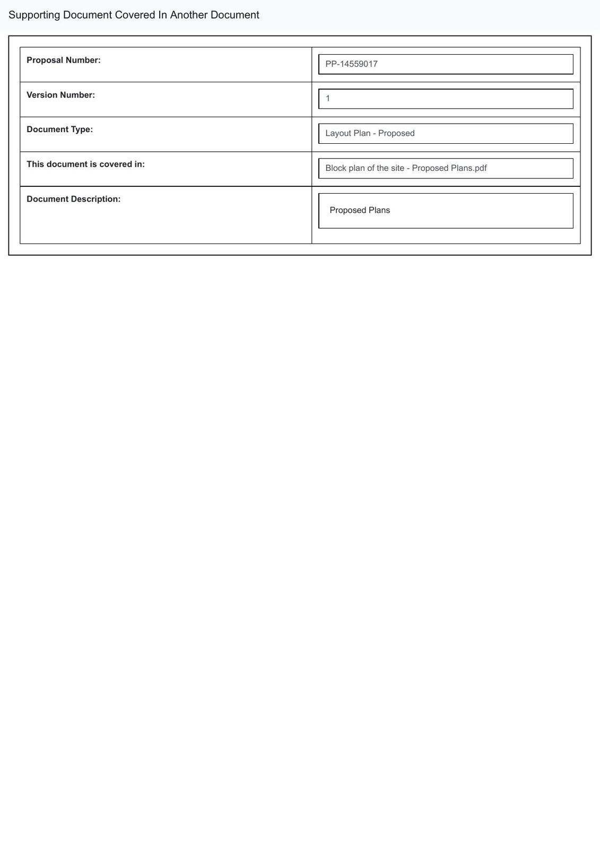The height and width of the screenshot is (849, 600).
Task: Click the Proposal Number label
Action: point(64,60)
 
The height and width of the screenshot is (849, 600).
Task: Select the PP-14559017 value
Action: point(351,64)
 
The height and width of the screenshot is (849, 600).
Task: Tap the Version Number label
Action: point(60,95)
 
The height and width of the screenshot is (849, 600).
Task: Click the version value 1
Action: point(328,99)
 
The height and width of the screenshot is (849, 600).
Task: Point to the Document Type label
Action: point(59,129)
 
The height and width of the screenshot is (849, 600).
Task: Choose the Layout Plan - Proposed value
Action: point(370,133)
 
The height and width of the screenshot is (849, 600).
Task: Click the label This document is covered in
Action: point(85,164)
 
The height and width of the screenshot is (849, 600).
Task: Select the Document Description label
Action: point(73,199)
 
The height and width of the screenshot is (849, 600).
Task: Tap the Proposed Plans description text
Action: point(360,210)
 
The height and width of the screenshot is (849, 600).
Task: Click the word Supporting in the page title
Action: point(34,15)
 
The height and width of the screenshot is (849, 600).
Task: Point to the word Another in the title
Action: point(189,15)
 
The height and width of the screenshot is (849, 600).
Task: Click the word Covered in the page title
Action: point(135,15)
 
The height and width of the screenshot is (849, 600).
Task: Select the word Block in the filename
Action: point(336,168)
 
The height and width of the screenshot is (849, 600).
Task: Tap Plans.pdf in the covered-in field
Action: point(468,168)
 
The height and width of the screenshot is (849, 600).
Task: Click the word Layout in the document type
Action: point(338,133)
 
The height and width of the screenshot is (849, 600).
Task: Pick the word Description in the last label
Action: point(95,199)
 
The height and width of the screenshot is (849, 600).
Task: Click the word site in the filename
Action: point(397,168)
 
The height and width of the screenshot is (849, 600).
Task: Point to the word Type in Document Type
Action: point(82,129)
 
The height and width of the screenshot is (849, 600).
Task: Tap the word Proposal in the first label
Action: point(45,60)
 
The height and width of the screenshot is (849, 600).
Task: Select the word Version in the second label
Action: point(42,95)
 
